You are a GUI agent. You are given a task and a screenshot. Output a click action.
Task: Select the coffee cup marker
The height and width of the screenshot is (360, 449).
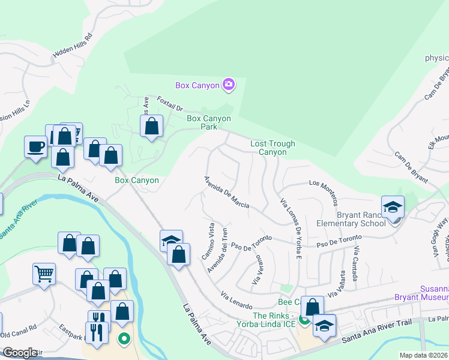(x=35, y=146)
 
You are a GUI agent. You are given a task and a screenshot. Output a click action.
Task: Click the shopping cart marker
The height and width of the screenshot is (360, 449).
(x=44, y=274)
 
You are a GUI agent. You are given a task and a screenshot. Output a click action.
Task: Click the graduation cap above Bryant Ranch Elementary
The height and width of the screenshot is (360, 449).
(x=393, y=207)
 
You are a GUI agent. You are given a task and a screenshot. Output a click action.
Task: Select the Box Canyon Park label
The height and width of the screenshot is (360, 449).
(x=209, y=122)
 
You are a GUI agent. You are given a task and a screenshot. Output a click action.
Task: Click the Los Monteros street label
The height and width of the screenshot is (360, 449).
(x=324, y=191)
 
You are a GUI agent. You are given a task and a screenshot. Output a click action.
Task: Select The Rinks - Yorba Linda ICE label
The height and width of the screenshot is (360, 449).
(x=274, y=320)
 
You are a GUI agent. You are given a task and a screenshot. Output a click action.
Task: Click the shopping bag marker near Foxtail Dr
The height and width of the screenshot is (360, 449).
(x=152, y=126)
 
